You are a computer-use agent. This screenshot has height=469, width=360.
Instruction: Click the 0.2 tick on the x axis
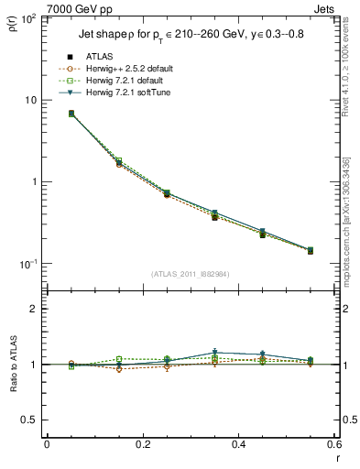pos(142,444)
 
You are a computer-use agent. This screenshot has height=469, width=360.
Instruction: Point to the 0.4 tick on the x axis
pos(238,444)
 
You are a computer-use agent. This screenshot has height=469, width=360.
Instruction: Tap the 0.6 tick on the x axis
pos(333,444)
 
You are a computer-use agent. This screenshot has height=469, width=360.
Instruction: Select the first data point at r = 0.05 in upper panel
pos(71,114)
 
